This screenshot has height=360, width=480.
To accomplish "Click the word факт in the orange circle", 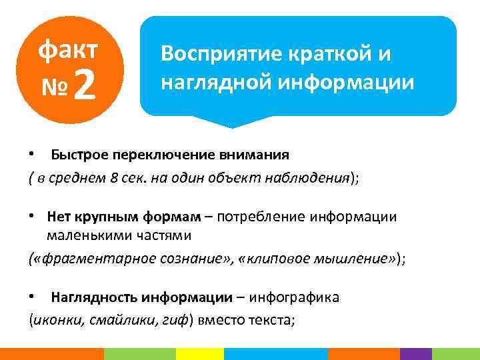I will point(68,49).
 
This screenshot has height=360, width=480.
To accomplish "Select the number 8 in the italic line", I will point(114,179).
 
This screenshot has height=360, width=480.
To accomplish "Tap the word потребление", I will point(252,217).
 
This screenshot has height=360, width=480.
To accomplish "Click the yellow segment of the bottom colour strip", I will point(199,354).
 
